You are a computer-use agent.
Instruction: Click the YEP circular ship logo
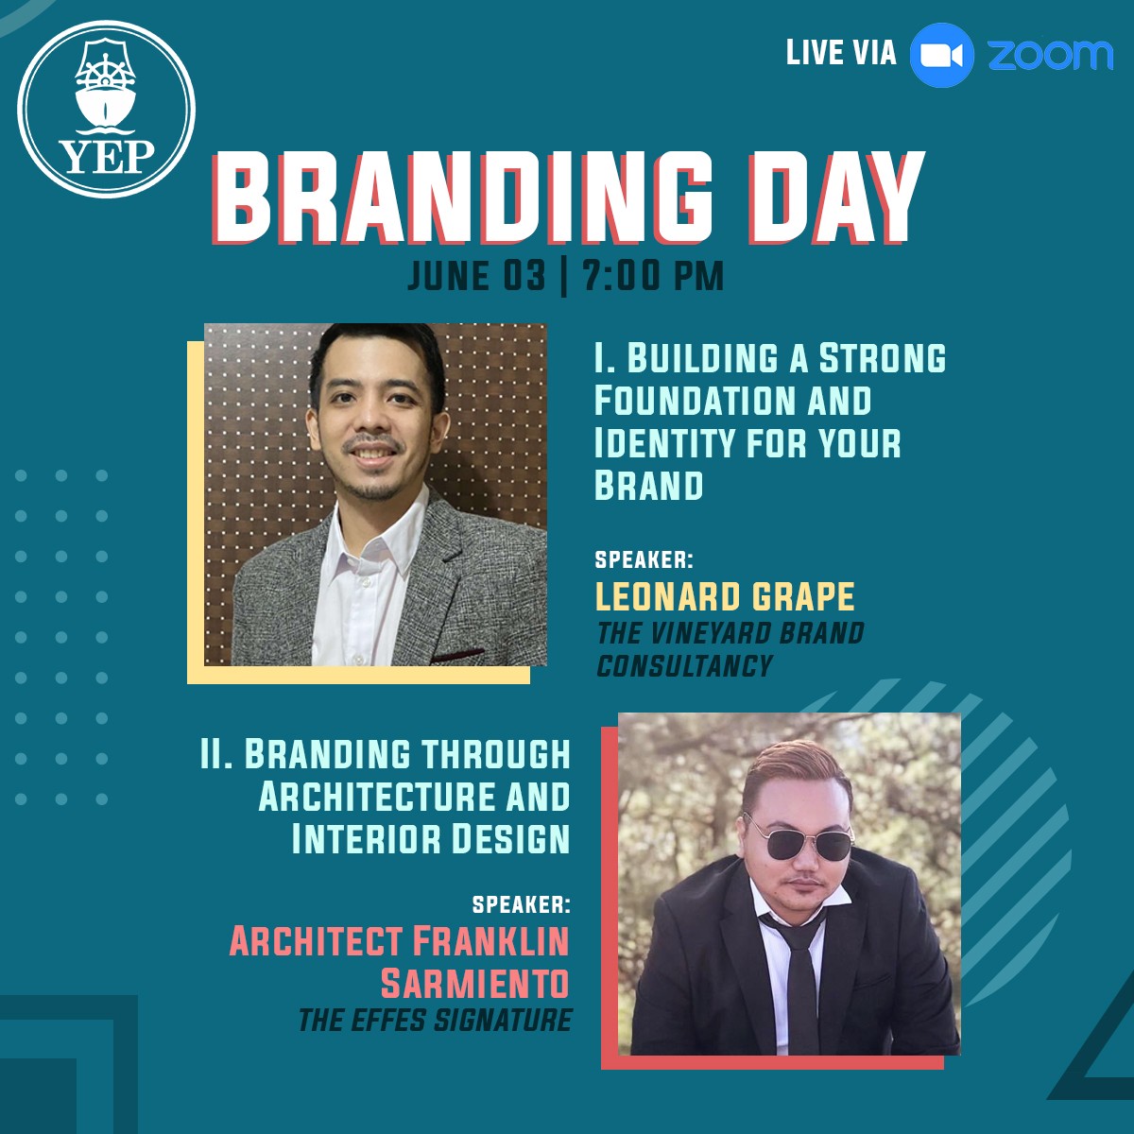[x=106, y=110]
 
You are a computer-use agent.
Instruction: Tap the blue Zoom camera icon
[x=941, y=56]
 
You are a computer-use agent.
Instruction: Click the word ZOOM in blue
[x=1051, y=56]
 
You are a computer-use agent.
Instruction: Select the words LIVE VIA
[x=841, y=52]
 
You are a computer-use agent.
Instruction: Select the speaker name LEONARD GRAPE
[x=725, y=596]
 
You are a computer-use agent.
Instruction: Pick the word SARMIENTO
[x=475, y=982]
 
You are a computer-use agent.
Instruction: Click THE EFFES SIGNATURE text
[x=435, y=1020]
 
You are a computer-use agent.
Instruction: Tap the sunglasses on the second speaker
[x=798, y=837]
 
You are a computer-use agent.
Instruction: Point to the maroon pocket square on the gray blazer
[x=456, y=656]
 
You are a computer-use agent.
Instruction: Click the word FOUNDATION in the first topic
[x=695, y=400]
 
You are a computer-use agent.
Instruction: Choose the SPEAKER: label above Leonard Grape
[x=644, y=559]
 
